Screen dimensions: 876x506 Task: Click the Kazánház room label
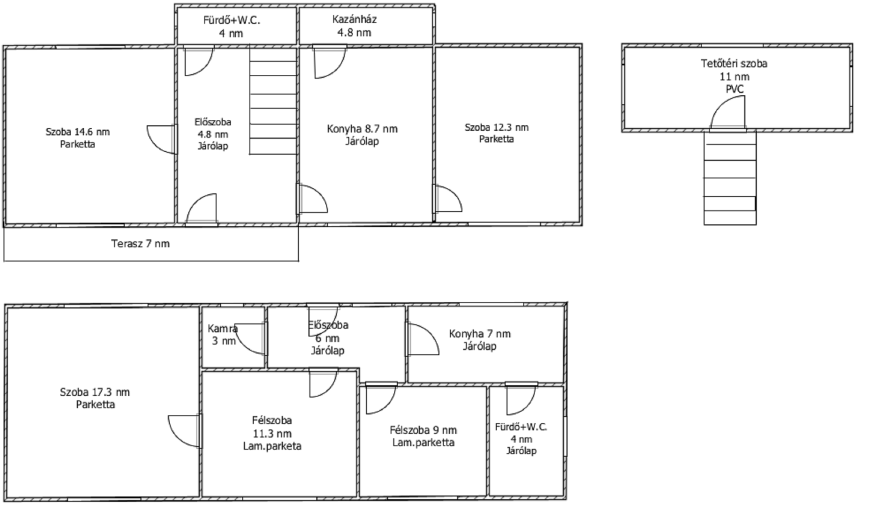(x=354, y=19)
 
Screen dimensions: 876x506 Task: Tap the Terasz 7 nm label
(x=140, y=244)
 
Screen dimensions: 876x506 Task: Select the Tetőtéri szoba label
(x=734, y=64)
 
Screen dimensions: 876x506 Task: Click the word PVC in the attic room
(x=734, y=89)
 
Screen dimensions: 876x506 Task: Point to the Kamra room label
(x=223, y=329)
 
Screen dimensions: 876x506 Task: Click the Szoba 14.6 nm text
(x=78, y=132)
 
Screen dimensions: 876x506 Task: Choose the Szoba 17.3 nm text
(x=95, y=392)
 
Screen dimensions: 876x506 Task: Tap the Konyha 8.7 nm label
(x=362, y=129)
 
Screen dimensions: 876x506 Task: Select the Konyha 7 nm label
(x=480, y=334)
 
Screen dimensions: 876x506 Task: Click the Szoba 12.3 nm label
(x=497, y=127)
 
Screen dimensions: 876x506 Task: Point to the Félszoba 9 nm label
(x=423, y=430)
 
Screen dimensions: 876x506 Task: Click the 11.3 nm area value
(x=272, y=434)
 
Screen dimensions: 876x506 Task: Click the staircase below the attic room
(x=730, y=178)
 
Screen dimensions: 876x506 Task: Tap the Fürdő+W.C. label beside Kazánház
(x=232, y=20)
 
